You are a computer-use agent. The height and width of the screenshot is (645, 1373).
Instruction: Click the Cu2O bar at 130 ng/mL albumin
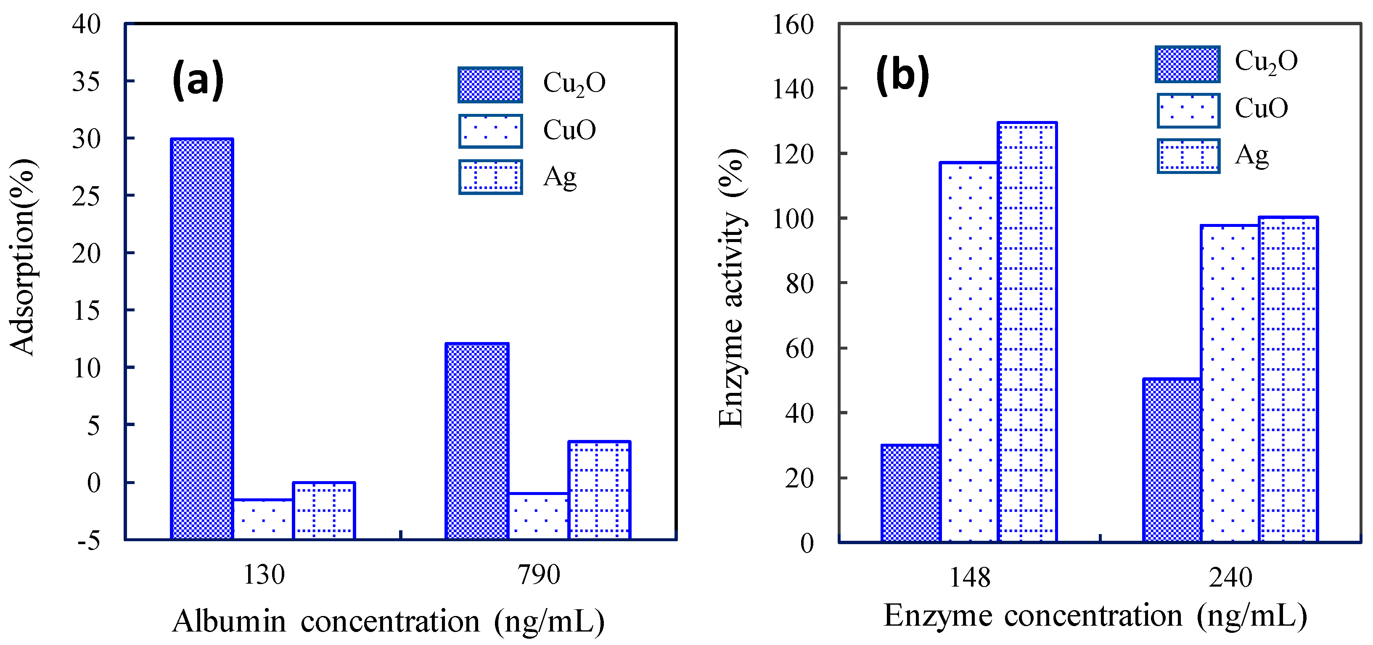(201, 339)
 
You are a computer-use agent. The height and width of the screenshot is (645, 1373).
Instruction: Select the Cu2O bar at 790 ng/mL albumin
(476, 441)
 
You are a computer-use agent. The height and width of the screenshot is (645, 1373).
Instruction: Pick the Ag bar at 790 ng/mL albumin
(599, 490)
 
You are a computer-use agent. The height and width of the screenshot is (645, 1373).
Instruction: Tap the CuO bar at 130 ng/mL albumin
(263, 519)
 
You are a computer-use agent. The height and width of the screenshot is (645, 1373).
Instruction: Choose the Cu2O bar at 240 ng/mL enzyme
(1172, 460)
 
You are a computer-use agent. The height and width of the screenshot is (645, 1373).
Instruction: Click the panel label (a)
(198, 80)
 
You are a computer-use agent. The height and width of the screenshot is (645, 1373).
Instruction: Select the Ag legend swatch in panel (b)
(1188, 156)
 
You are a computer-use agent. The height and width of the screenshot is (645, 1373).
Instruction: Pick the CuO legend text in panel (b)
(1261, 108)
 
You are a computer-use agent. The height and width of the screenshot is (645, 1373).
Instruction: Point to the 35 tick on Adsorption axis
(86, 82)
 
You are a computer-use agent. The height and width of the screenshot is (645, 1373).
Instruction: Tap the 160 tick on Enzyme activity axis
(793, 24)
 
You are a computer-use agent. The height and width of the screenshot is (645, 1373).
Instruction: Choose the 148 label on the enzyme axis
(970, 577)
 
